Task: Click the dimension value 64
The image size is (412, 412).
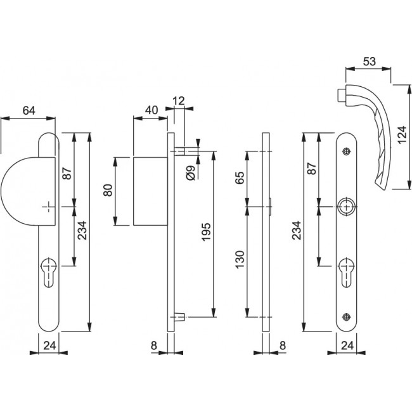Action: click(x=29, y=110)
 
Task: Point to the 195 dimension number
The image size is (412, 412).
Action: click(x=206, y=231)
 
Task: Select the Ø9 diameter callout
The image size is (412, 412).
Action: click(x=191, y=173)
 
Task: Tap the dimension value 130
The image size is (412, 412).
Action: click(x=240, y=259)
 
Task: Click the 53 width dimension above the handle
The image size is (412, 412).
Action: click(x=370, y=61)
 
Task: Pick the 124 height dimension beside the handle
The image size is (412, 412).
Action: click(x=402, y=135)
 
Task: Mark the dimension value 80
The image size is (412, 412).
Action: click(x=108, y=190)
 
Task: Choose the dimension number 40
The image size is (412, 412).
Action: click(x=151, y=110)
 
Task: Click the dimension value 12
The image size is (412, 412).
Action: click(x=179, y=101)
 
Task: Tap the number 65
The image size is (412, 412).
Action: click(x=240, y=177)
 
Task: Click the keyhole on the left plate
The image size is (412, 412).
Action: click(x=49, y=272)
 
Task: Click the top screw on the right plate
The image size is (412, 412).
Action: click(x=347, y=151)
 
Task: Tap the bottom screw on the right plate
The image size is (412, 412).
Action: click(x=347, y=317)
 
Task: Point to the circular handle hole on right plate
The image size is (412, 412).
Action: click(x=347, y=207)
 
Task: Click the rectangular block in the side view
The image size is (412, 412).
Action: click(x=150, y=191)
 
